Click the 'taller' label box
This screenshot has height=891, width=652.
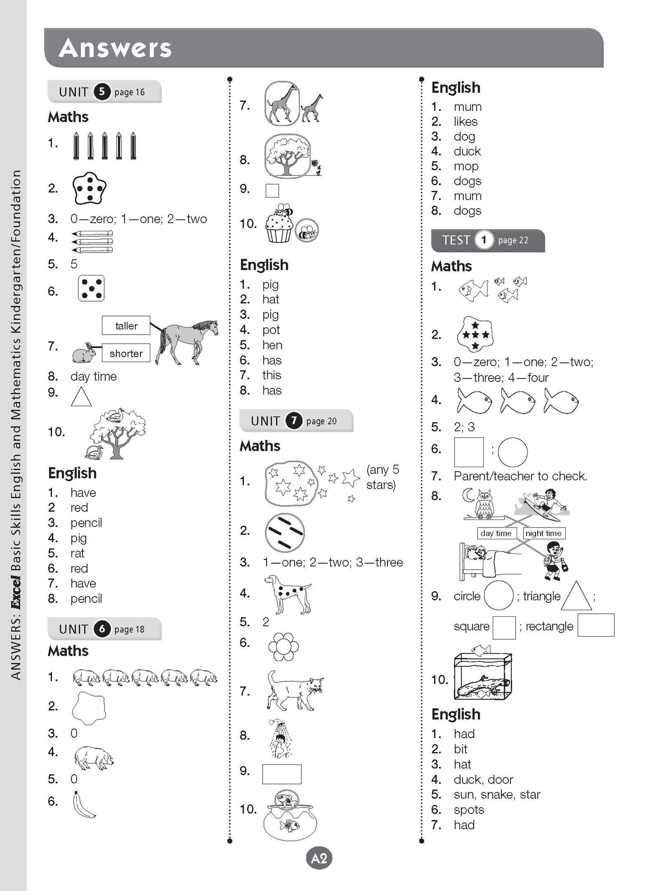(126, 326)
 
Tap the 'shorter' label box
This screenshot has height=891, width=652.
(126, 353)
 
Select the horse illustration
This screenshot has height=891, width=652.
(187, 342)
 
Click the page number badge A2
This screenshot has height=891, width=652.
(319, 859)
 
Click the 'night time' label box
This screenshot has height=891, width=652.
(543, 533)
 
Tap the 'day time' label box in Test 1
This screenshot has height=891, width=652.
(496, 533)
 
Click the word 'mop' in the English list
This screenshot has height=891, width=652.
(466, 166)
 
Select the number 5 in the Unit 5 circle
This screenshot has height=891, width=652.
(102, 92)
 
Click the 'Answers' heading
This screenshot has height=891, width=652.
(115, 48)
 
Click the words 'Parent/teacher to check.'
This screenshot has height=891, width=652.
(520, 476)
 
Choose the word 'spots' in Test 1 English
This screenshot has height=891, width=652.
(469, 810)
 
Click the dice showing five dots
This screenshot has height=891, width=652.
(91, 288)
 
